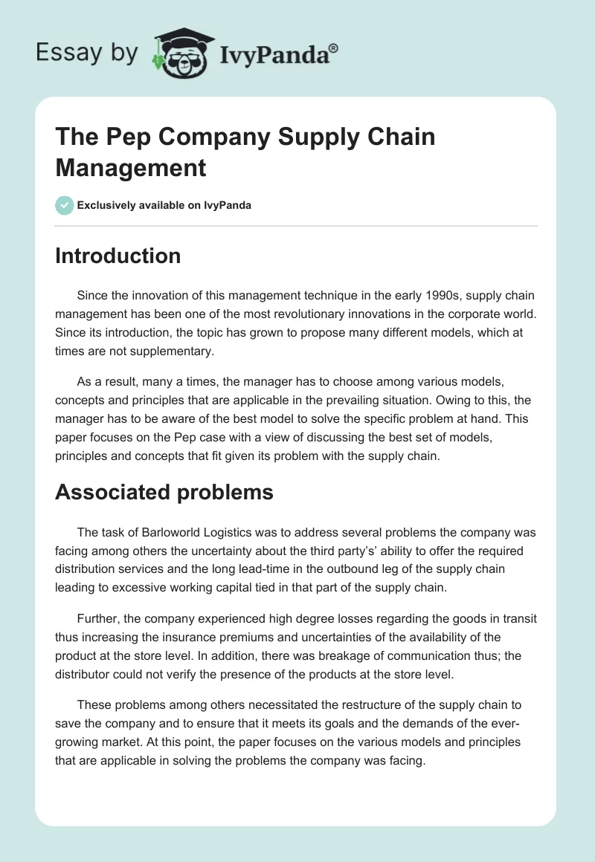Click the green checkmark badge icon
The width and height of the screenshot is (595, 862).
point(64,205)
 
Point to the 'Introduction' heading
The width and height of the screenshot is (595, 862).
point(118,256)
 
